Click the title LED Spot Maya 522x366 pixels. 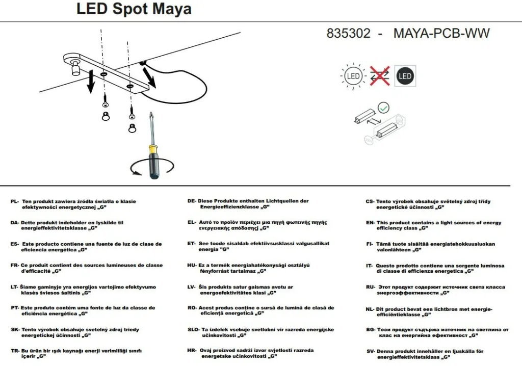pos(134,9)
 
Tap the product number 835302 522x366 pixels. pos(348,33)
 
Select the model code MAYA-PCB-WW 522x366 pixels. pos(441,33)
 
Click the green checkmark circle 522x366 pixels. pos(383,108)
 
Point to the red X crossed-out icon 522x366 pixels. pos(380,76)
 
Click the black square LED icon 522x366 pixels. pos(405,76)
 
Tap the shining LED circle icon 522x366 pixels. pos(353,76)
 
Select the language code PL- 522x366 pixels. pos(15,201)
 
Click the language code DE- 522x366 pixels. pos(192,201)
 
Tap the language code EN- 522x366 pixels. pos(371,223)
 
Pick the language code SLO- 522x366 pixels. pos(193,330)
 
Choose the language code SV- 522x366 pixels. pos(371,351)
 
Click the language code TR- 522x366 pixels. pos(15,351)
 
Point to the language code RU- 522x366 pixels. pos(371,287)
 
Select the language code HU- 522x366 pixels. pos(192,266)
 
